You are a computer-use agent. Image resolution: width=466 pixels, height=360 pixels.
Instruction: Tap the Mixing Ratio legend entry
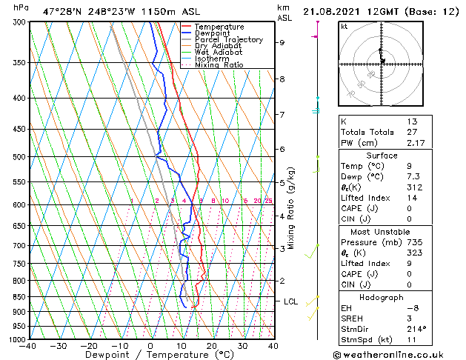[x=219, y=65]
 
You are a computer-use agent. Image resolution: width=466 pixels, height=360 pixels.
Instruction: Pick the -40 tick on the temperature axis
[x=29, y=346]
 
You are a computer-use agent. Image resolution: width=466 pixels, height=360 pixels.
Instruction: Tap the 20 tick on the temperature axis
[x=212, y=346]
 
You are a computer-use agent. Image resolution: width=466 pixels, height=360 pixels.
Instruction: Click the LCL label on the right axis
[x=290, y=301]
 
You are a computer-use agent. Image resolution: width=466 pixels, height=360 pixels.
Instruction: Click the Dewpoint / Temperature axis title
[x=150, y=355]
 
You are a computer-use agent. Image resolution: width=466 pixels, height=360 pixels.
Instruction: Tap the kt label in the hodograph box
[x=344, y=26]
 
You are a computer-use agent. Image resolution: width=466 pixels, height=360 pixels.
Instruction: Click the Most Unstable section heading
[x=382, y=232]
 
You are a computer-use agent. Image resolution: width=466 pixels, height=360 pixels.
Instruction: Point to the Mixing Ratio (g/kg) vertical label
[x=291, y=207]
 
